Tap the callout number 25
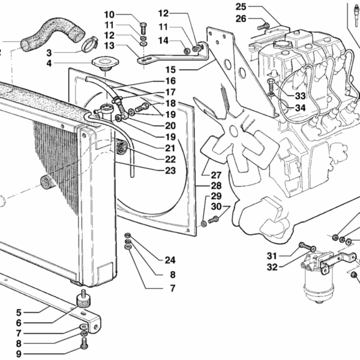(x=241, y=7)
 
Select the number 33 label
(x=301, y=95)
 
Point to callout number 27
(x=216, y=175)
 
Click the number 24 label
(x=170, y=260)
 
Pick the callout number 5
(x=19, y=313)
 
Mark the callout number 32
(x=272, y=267)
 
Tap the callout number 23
(x=170, y=170)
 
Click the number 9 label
(x=19, y=354)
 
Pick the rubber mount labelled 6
(x=81, y=299)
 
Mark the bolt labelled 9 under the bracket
(x=83, y=344)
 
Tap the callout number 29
(x=216, y=196)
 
